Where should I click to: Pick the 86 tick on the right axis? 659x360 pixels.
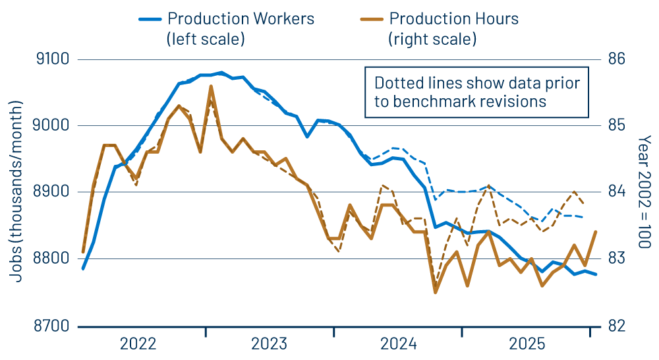(616, 60)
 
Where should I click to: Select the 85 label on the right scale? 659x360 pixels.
(616, 126)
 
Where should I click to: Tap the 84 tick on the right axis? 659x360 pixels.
(616, 192)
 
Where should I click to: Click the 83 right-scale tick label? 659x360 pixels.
(616, 258)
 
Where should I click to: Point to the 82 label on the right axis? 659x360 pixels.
(616, 326)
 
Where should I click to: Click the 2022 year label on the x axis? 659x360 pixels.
(140, 344)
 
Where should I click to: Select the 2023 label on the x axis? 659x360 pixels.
(269, 344)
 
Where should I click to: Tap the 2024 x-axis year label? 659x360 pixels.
(398, 344)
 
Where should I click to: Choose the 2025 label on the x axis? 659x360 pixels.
(527, 344)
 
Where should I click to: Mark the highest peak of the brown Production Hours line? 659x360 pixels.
(211, 86)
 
